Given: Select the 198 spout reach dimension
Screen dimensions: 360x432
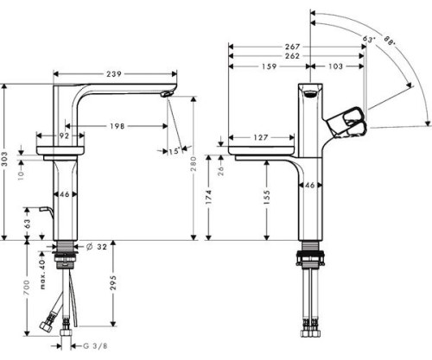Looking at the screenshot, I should [117, 126].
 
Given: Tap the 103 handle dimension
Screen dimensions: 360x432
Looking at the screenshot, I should [336, 66].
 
